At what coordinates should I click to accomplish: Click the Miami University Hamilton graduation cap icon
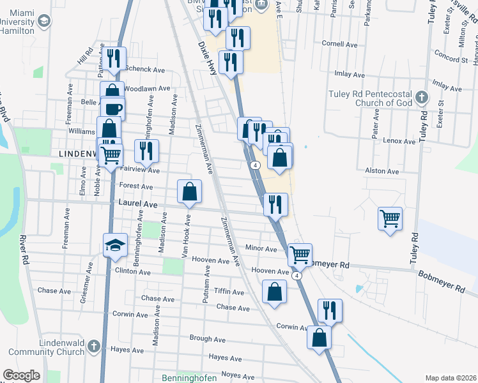coord(43,22)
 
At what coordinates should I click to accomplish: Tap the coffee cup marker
coord(112,109)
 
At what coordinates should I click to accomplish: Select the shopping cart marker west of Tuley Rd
coord(390,219)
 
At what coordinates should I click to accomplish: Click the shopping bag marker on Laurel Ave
coord(190,191)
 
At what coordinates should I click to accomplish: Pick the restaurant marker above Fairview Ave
coord(146,151)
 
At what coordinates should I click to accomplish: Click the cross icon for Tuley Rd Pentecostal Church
coord(420,97)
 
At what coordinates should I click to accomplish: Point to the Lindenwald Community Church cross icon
coord(93,347)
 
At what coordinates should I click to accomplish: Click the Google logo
coord(22,375)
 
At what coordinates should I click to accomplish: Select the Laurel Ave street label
coord(138,203)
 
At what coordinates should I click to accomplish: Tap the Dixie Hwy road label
coord(208,59)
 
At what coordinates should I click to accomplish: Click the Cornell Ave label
coord(339,45)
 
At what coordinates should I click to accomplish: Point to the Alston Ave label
coord(382,171)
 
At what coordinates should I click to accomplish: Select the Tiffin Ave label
coord(229,292)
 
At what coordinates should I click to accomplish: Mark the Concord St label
coord(451,59)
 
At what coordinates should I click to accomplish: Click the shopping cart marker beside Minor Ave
coord(300,255)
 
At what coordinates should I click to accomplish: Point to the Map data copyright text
coord(450,378)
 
